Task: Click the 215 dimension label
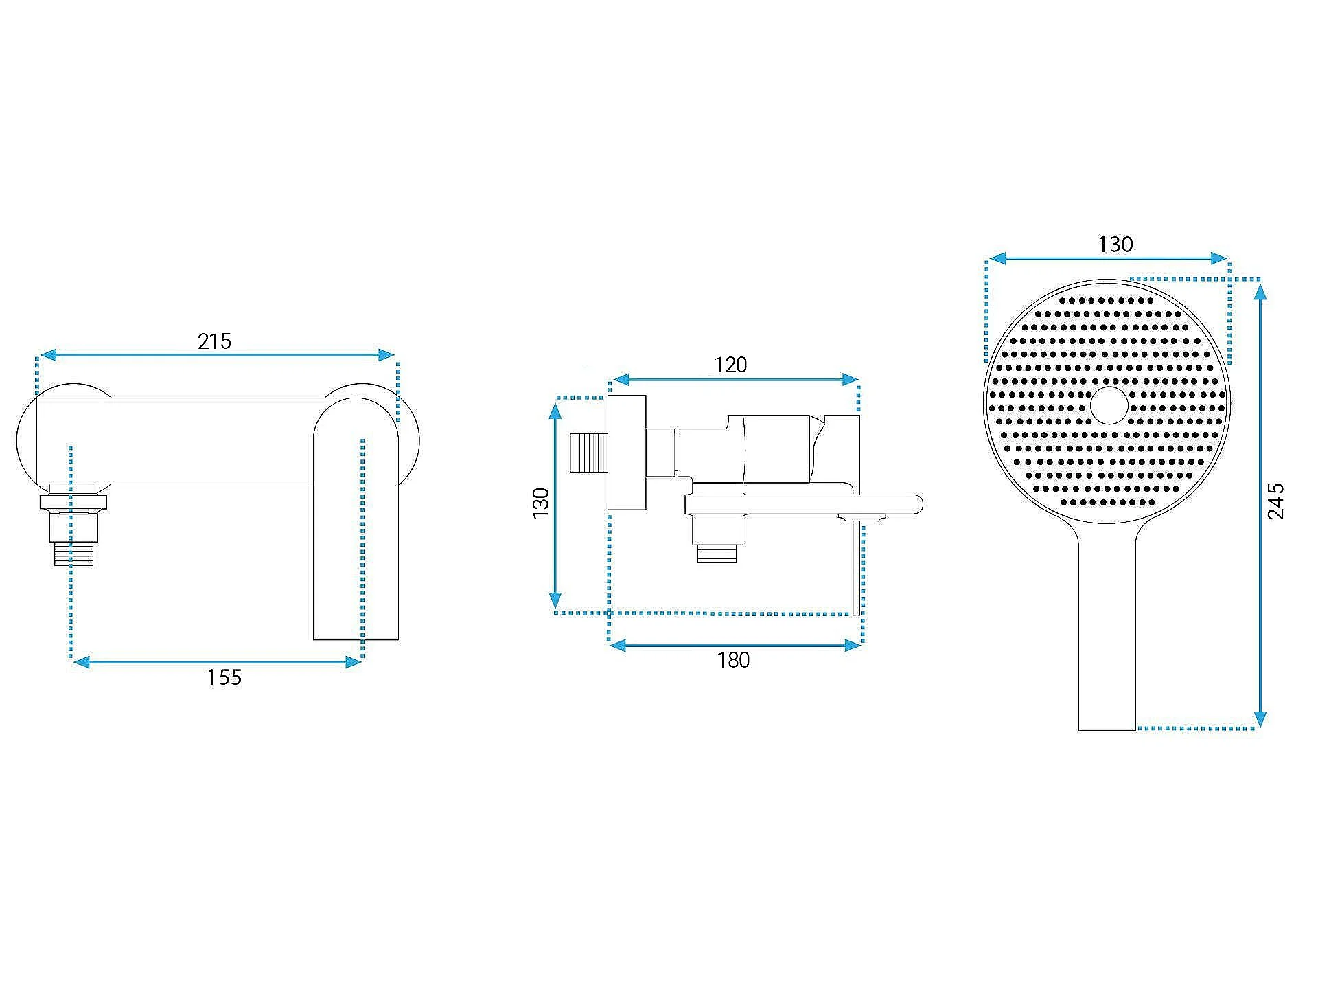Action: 214,341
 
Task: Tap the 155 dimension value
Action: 224,678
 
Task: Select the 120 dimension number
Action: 730,365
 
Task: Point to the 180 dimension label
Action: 733,660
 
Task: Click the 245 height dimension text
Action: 1275,501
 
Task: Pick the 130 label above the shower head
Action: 1115,245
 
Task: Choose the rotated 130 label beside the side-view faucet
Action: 541,503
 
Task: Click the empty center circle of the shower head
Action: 1108,405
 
